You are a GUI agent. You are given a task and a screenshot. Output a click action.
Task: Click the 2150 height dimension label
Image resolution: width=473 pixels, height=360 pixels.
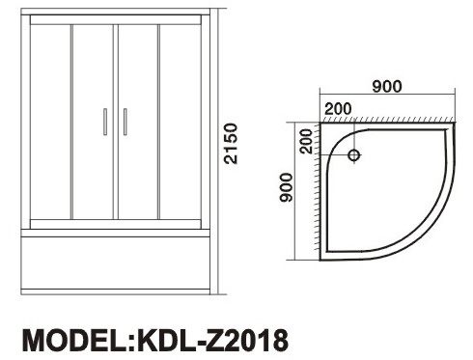[x=231, y=144]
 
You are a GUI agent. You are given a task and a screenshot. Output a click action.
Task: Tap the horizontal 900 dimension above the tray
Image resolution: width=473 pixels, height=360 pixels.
[x=387, y=86]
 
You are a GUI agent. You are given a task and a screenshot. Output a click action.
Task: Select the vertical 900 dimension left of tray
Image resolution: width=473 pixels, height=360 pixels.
[x=286, y=187]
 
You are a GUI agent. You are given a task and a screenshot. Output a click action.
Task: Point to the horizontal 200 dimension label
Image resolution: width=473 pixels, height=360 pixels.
[x=338, y=109]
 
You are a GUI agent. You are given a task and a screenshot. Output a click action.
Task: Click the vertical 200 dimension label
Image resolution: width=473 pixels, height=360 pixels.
[x=306, y=141]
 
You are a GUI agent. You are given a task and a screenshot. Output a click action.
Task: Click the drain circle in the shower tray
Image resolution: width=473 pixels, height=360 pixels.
[x=353, y=155]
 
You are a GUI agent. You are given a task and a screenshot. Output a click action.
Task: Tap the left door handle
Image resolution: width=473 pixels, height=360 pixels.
[x=105, y=122]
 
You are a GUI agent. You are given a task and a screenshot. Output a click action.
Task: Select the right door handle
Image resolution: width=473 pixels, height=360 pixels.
[x=125, y=122]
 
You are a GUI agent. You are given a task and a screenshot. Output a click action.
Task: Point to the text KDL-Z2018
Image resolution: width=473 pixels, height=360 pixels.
[x=212, y=341]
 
